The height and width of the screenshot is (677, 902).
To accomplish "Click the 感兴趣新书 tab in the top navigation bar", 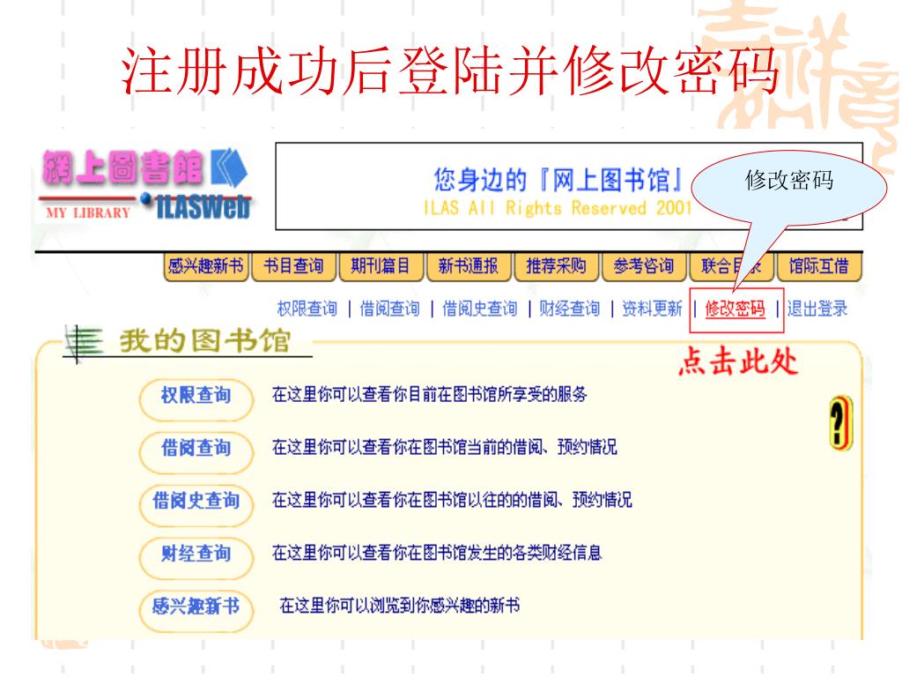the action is coord(205,266).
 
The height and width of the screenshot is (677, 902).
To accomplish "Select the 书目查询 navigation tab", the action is coord(294,266).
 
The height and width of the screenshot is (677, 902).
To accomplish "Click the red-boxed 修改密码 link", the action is coord(735,309).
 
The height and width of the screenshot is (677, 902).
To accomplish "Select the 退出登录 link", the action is coord(818,309).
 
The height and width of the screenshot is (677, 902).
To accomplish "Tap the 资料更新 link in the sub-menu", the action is coord(652,309).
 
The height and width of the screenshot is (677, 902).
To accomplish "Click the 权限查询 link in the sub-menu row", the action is coord(307,309).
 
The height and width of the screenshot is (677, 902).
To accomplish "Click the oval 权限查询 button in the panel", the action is coord(196,395).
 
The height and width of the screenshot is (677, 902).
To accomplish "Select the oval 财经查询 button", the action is coord(196,554).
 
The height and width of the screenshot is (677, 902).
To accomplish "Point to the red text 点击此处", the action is coord(738,363).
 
